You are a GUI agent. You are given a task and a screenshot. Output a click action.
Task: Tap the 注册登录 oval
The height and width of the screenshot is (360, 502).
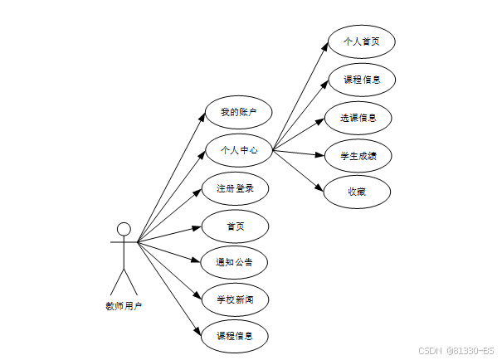pyautogui.click(x=236, y=188)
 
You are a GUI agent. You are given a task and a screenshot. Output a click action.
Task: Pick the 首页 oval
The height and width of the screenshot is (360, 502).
pyautogui.click(x=236, y=226)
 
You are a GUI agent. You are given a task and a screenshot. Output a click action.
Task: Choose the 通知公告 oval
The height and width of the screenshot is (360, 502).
pyautogui.click(x=236, y=262)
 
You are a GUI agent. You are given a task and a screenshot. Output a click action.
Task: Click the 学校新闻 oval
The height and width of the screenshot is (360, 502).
pyautogui.click(x=236, y=299)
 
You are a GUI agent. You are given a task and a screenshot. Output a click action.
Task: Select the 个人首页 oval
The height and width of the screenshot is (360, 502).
pyautogui.click(x=359, y=41)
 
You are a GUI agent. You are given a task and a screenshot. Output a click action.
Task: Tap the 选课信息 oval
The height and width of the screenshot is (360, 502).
pyautogui.click(x=358, y=117)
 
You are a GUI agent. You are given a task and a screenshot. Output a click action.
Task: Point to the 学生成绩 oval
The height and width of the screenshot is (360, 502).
pyautogui.click(x=358, y=155)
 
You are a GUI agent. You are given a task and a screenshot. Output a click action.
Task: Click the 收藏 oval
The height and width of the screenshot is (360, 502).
pyautogui.click(x=358, y=192)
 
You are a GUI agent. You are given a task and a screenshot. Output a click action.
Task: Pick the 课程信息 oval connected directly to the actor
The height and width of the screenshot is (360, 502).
pyautogui.click(x=236, y=337)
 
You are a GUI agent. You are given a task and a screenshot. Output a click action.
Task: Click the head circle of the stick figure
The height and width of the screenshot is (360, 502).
pyautogui.click(x=124, y=229)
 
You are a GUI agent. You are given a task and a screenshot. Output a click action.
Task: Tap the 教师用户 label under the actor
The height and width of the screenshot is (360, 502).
pyautogui.click(x=124, y=306)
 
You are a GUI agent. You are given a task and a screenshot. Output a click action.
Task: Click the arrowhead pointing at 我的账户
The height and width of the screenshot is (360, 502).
pyautogui.click(x=202, y=117)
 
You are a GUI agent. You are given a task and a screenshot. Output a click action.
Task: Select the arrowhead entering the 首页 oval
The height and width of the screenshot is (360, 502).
pyautogui.click(x=200, y=226)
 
